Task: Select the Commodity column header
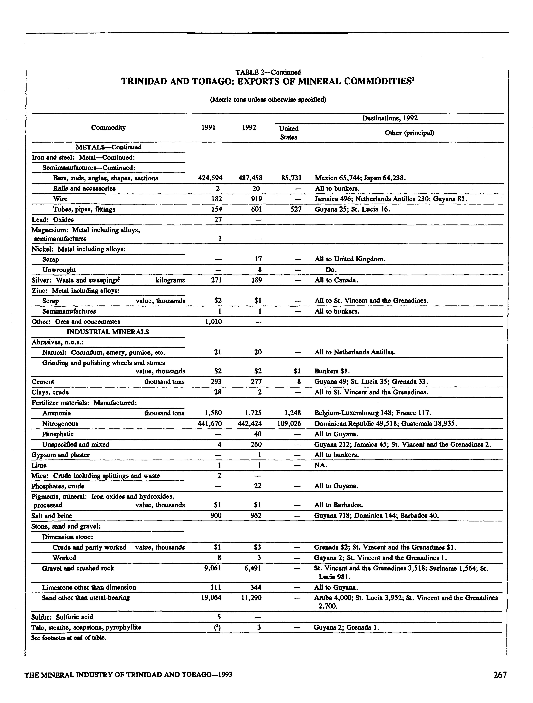[108, 127]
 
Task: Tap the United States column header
[289, 133]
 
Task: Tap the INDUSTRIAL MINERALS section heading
[107, 332]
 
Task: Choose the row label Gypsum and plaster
[60, 455]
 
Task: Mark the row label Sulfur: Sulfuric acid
[62, 617]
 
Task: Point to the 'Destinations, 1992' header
[390, 118]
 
